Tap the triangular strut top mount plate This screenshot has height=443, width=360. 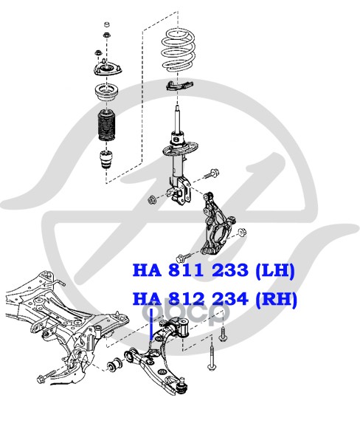(x=108, y=69)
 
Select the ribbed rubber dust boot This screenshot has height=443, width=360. (x=106, y=126)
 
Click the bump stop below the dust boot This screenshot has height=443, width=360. (x=105, y=159)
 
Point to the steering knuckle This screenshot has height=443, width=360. (x=216, y=224)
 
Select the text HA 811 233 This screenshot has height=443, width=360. (x=190, y=269)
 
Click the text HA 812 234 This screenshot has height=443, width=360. (x=190, y=299)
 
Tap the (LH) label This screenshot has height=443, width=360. (x=274, y=270)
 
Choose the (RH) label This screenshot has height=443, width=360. (x=276, y=300)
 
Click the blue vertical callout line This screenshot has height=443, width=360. (x=151, y=324)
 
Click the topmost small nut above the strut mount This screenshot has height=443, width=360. (x=107, y=24)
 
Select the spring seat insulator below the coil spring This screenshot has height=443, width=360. (x=179, y=85)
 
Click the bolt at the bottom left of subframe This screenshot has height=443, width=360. (x=46, y=376)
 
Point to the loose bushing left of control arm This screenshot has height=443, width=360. (x=114, y=363)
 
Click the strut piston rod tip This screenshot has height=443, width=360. (x=177, y=107)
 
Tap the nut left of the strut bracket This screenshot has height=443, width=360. (x=152, y=200)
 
